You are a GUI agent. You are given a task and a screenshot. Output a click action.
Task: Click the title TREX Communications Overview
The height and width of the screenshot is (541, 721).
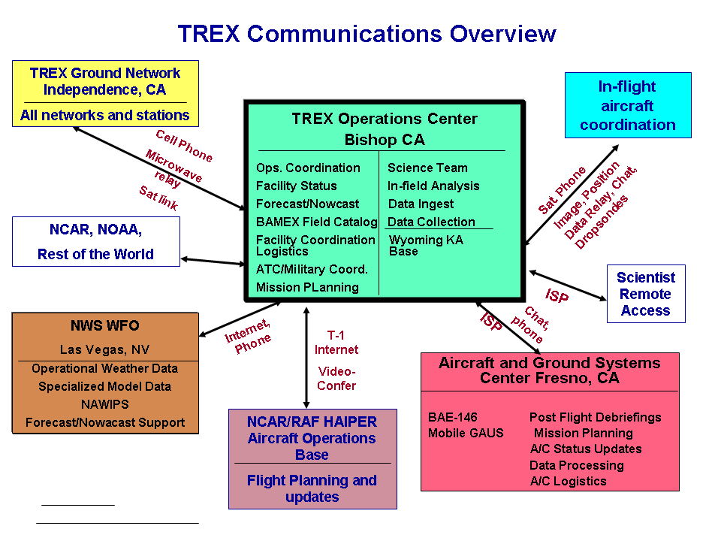pyautogui.click(x=367, y=34)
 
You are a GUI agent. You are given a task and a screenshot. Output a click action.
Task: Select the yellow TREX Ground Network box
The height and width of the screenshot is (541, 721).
pyautogui.click(x=105, y=93)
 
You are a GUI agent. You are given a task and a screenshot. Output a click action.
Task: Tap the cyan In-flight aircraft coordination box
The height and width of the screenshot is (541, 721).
pyautogui.click(x=627, y=105)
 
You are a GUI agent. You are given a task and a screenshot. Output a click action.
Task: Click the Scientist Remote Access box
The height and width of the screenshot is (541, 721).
pyautogui.click(x=645, y=294)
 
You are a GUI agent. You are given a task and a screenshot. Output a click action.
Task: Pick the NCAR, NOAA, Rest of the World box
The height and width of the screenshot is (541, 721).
pyautogui.click(x=96, y=241)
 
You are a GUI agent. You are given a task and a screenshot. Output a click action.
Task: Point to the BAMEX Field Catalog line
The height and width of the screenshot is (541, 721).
pyautogui.click(x=316, y=222)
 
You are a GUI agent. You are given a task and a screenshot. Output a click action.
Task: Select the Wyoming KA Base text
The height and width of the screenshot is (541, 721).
pyautogui.click(x=425, y=246)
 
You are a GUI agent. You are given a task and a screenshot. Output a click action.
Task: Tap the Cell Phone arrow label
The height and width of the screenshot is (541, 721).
pyautogui.click(x=184, y=146)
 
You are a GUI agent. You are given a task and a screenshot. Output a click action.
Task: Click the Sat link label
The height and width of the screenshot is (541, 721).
pyautogui.click(x=158, y=198)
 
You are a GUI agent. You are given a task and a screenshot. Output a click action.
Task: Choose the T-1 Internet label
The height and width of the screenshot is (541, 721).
pyautogui.click(x=336, y=343)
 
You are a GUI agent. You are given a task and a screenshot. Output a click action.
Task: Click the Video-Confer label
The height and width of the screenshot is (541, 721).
pyautogui.click(x=336, y=378)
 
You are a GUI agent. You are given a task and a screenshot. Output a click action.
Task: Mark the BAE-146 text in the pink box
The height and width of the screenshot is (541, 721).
pyautogui.click(x=452, y=417)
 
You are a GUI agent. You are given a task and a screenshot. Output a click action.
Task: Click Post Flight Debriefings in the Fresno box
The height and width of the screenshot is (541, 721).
pyautogui.click(x=595, y=417)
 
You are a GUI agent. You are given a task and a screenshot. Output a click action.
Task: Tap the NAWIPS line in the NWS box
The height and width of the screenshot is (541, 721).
pyautogui.click(x=104, y=404)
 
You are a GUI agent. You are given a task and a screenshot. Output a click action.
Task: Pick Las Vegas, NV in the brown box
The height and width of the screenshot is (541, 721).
pyautogui.click(x=104, y=350)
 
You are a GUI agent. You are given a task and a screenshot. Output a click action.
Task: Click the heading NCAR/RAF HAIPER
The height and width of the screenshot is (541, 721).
pyautogui.click(x=312, y=422)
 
